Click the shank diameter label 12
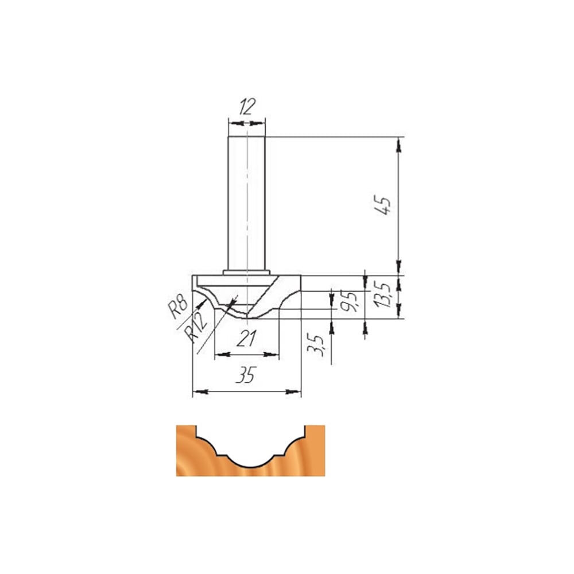[x=247, y=106]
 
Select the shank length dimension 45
[x=382, y=205]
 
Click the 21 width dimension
[x=246, y=338]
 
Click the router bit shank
[x=246, y=203]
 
